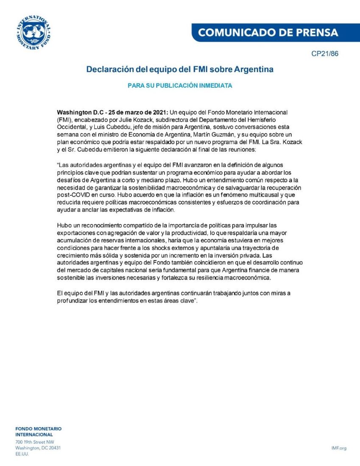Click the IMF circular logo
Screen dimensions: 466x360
click(x=33, y=33)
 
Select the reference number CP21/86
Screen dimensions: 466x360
click(x=324, y=54)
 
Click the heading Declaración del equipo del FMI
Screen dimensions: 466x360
click(x=180, y=69)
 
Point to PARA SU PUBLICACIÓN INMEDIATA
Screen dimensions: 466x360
click(x=180, y=86)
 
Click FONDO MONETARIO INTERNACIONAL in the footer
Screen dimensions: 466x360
click(x=38, y=432)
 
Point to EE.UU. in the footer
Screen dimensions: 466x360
click(x=22, y=454)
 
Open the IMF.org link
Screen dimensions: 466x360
click(x=339, y=448)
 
